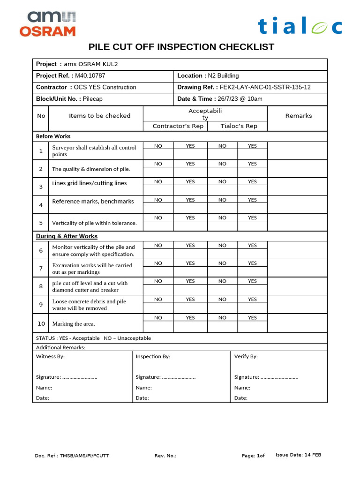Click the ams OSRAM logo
pos(47,24)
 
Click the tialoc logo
pos(300,26)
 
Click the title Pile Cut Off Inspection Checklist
pos(181,47)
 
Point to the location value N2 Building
pos(224,75)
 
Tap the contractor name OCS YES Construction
pos(105,87)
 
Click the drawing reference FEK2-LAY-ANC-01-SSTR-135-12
pos(265,87)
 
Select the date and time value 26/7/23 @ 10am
pos(240,99)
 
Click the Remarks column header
pos(299,116)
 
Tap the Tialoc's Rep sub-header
pos(239,126)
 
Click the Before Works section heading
pos(53,136)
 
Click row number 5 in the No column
pos(41,223)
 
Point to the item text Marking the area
pos(74,324)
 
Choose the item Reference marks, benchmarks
pos(93,202)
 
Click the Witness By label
pos(50,357)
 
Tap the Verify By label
pos(246,357)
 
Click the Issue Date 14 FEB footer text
pos(298,455)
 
